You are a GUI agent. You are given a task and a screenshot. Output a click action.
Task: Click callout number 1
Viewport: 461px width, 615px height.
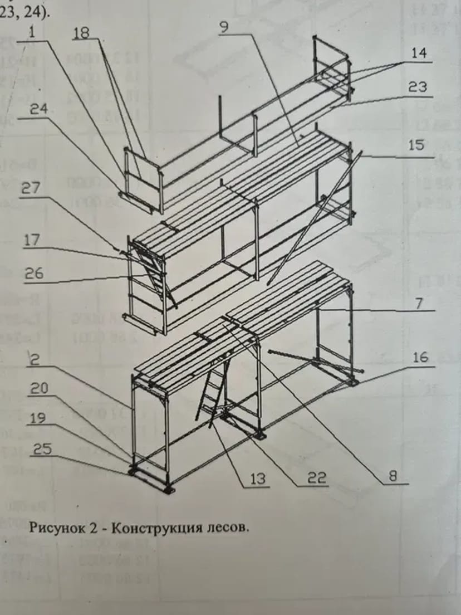[32, 33]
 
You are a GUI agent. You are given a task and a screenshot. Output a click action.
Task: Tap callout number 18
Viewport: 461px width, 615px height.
[81, 33]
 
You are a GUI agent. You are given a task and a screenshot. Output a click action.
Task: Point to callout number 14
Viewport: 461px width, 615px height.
[419, 54]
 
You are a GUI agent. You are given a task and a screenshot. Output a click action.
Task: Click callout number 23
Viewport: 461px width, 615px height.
[418, 87]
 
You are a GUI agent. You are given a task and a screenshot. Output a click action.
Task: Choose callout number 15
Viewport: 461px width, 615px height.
[416, 145]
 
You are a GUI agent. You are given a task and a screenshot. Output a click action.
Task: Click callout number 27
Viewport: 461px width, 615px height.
[31, 188]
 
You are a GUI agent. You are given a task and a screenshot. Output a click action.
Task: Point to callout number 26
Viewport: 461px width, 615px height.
[32, 274]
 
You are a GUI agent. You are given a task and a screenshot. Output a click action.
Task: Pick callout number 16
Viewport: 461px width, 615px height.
[420, 357]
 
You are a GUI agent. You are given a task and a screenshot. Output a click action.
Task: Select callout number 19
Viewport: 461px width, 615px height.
[38, 418]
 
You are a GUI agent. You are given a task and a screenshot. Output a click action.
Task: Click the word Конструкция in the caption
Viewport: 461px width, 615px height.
[147, 528]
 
